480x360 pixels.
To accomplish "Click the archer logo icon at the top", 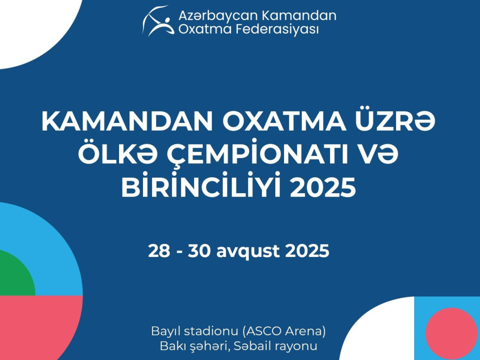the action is tap(158, 21).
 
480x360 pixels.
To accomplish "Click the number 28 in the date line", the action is tap(159, 251).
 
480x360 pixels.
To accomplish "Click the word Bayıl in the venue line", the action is tap(165, 332).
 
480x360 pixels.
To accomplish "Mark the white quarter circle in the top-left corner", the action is tap(30, 28).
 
